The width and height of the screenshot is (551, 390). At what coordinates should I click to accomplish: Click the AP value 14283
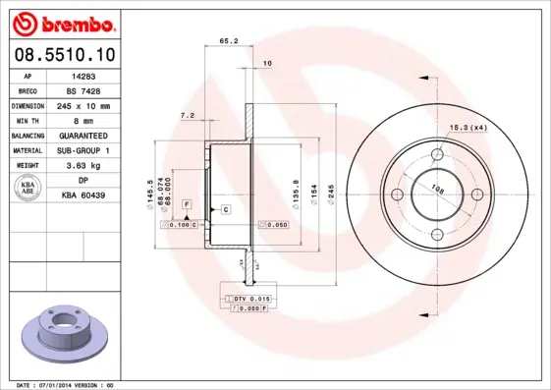(83, 75)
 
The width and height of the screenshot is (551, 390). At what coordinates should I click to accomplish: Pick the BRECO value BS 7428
(83, 89)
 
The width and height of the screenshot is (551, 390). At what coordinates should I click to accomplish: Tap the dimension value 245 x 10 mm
(83, 105)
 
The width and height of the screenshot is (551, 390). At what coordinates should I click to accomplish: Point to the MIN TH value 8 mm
(83, 120)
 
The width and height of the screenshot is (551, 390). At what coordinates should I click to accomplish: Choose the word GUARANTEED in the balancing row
(83, 135)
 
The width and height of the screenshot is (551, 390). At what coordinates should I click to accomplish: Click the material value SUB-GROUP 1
(83, 150)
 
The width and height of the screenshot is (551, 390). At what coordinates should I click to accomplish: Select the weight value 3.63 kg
(83, 165)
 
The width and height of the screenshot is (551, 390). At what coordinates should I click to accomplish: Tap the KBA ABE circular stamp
(27, 188)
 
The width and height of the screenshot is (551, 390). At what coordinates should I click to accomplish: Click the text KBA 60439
(83, 195)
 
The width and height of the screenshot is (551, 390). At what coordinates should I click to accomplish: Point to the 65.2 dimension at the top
(228, 40)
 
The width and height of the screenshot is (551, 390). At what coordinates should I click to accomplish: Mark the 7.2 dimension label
(187, 116)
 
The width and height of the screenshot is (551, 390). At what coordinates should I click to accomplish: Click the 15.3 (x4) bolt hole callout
(468, 127)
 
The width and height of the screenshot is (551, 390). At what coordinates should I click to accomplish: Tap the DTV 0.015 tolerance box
(250, 298)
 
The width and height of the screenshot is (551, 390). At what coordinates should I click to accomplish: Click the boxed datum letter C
(225, 210)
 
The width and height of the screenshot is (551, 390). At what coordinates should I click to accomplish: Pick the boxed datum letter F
(186, 203)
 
